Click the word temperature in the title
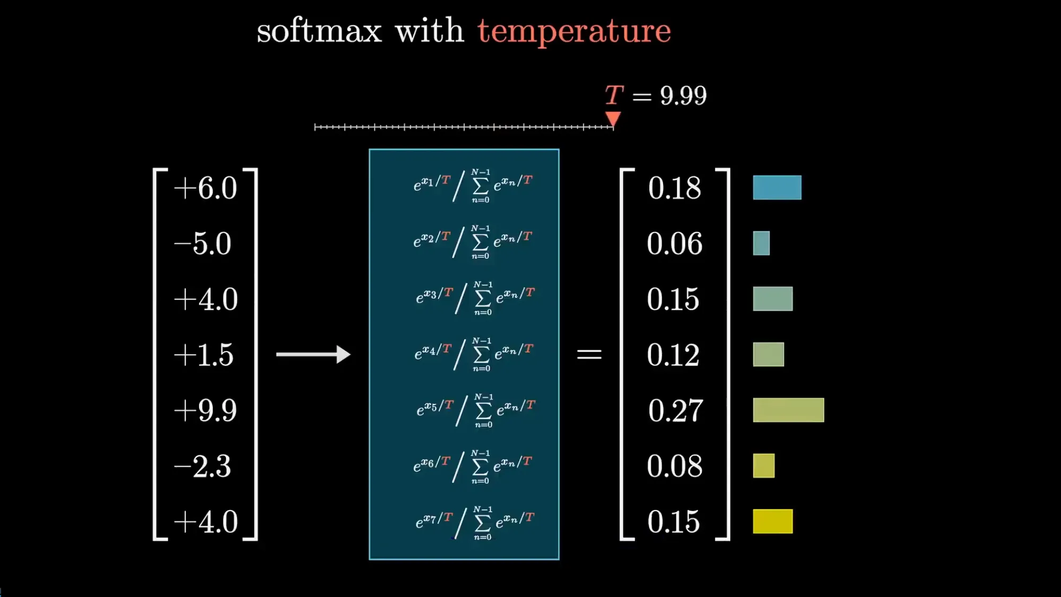click(574, 31)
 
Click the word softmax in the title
click(319, 31)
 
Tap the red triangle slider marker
click(613, 119)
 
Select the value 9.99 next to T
click(683, 96)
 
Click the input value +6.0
click(205, 188)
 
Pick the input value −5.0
click(203, 244)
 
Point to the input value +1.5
click(204, 355)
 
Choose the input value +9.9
click(205, 411)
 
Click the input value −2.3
click(203, 467)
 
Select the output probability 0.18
click(675, 188)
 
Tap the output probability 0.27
click(675, 411)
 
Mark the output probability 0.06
click(674, 244)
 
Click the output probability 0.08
click(674, 467)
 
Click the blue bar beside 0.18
click(777, 188)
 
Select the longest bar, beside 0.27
click(788, 410)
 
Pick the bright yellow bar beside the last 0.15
click(773, 521)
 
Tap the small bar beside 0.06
click(761, 243)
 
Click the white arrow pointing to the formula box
click(314, 354)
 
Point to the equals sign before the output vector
click(589, 354)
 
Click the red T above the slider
click(614, 95)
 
